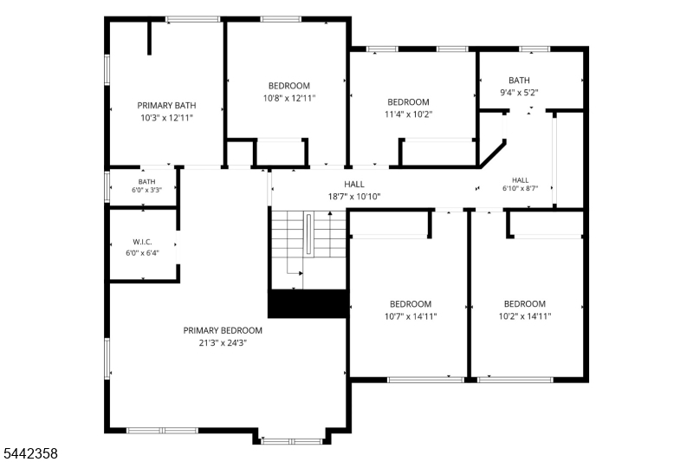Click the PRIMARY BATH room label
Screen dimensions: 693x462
(166, 106)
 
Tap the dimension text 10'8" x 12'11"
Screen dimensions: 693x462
(289, 98)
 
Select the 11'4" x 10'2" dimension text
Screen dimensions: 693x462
(408, 114)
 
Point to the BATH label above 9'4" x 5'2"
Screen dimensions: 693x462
(519, 81)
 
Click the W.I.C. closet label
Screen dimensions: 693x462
(142, 243)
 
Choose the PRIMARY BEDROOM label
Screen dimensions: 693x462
(223, 331)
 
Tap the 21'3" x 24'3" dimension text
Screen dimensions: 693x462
(223, 343)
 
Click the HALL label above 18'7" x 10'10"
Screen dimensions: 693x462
(354, 185)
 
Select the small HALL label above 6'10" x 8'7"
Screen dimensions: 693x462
(521, 180)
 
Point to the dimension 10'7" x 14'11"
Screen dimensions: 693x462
(411, 316)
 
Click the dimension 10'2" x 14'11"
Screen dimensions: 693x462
(525, 316)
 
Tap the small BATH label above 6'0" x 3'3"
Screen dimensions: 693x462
(146, 182)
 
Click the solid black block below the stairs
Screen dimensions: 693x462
(308, 303)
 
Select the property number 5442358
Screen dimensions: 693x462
(31, 453)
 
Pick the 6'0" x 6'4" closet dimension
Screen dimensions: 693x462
(142, 253)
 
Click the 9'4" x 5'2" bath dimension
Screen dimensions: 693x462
(519, 93)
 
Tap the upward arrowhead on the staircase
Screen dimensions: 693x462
(330, 213)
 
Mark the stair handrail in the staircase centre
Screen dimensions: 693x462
(309, 234)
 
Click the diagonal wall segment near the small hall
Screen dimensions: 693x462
(493, 154)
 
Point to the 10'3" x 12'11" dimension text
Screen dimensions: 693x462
(166, 118)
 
